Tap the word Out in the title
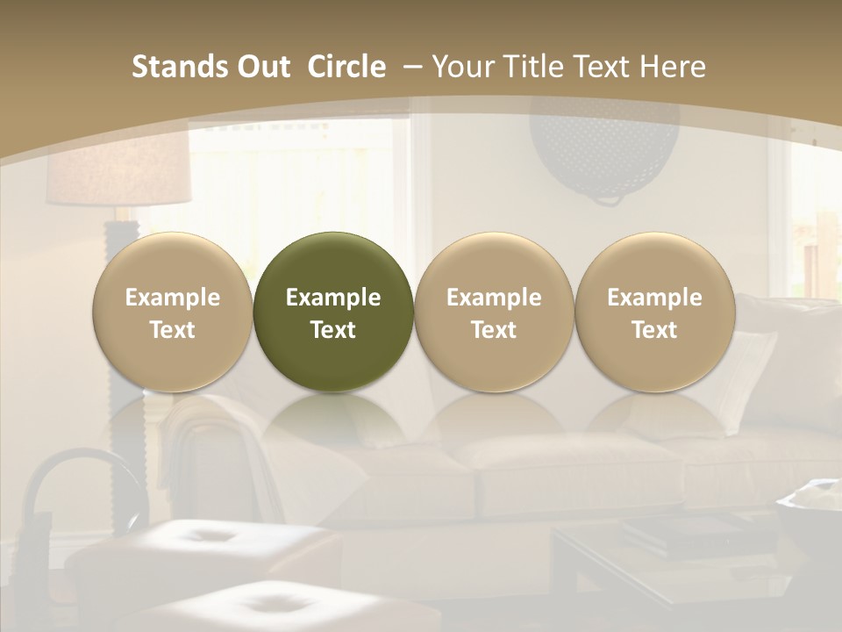click(260, 67)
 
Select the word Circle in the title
click(346, 67)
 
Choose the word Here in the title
click(672, 67)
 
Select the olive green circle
click(333, 312)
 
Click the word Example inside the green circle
click(333, 298)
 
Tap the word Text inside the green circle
click(333, 330)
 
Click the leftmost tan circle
click(173, 312)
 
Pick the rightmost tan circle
click(654, 312)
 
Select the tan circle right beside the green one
click(494, 312)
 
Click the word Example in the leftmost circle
click(173, 298)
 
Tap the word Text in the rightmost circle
click(654, 330)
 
